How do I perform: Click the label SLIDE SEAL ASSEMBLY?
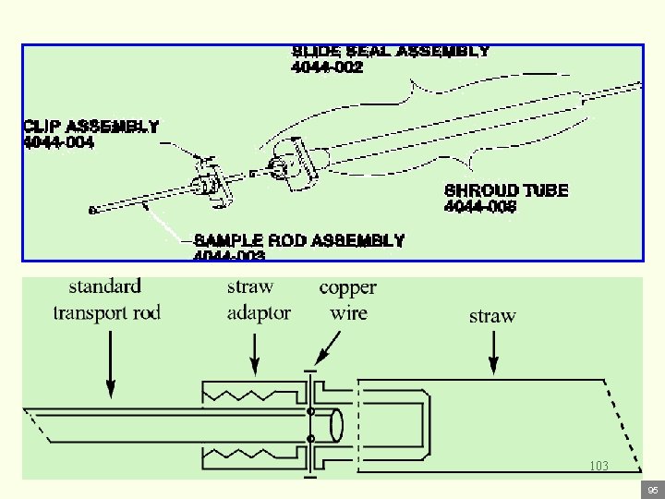click(x=390, y=52)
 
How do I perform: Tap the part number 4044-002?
click(x=327, y=67)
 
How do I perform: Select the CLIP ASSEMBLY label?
click(x=91, y=127)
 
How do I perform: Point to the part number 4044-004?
click(x=58, y=142)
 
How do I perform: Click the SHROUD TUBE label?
click(x=506, y=190)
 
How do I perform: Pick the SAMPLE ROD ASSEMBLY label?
click(x=299, y=240)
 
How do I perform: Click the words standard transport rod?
click(x=106, y=299)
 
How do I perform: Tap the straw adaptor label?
click(x=259, y=299)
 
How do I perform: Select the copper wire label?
click(x=347, y=299)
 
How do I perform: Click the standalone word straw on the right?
click(x=492, y=316)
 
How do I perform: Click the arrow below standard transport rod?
click(x=111, y=365)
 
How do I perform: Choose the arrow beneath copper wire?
click(x=322, y=349)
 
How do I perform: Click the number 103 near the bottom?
click(x=598, y=467)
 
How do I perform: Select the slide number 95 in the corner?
click(x=652, y=489)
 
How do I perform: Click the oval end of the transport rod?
click(x=335, y=425)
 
